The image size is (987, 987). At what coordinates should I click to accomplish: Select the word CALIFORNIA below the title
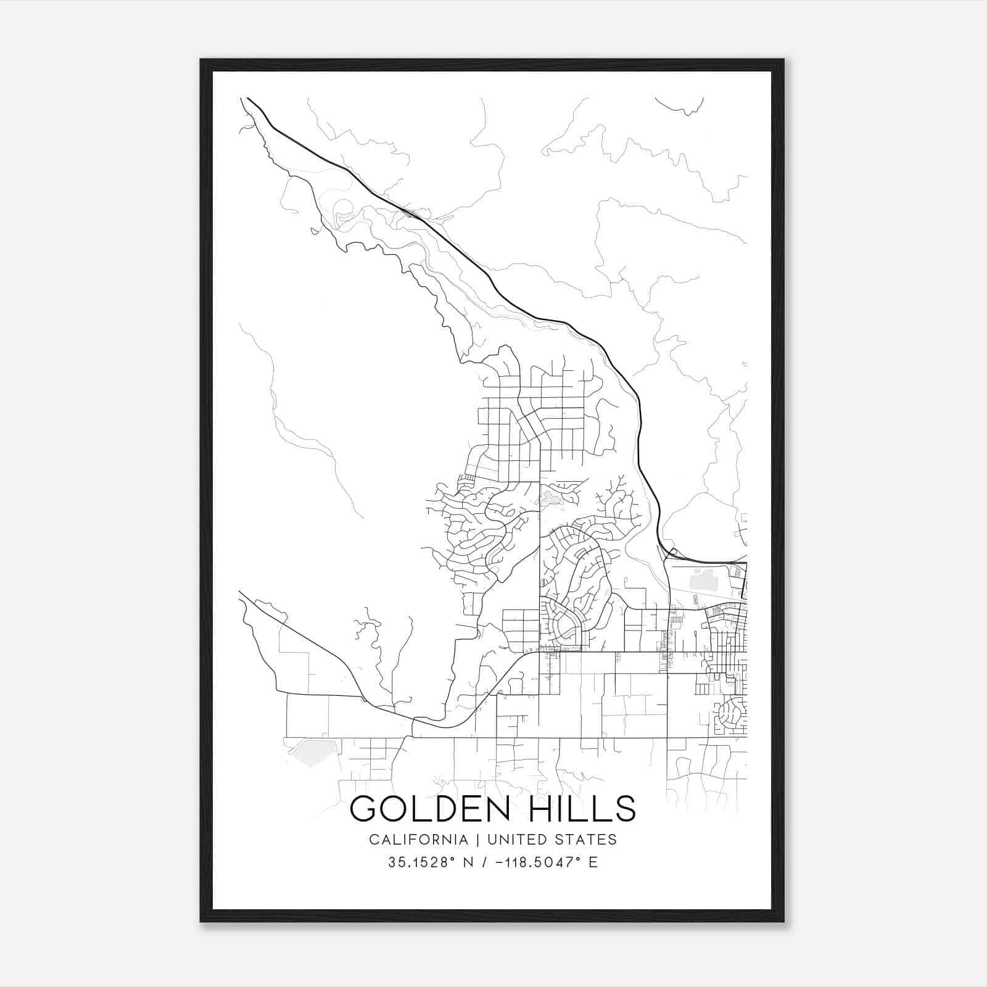tap(418, 840)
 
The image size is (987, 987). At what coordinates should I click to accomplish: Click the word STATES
tap(588, 840)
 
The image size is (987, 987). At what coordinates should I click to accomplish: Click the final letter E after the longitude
tap(593, 862)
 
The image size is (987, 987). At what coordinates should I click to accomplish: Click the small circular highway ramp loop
tap(673, 552)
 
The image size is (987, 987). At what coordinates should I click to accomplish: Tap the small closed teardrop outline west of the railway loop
tap(315, 232)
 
